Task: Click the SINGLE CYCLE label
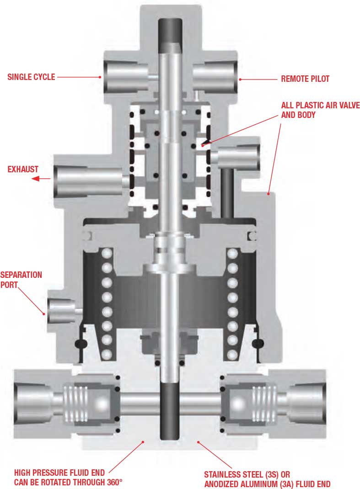tap(31, 77)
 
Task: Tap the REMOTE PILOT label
tap(305, 79)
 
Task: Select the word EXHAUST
tap(23, 170)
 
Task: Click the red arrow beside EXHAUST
tap(41, 179)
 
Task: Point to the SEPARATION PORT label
tap(21, 280)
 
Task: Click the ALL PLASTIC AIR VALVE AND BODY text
tap(320, 110)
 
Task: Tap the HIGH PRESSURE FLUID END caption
tap(59, 473)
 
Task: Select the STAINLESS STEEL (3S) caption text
tap(247, 475)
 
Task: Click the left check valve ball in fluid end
tap(102, 404)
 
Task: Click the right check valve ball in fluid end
tap(238, 404)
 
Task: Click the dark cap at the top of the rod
tap(170, 35)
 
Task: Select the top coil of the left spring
tap(107, 253)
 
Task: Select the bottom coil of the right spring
tap(232, 354)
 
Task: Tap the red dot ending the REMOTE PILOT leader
tap(240, 80)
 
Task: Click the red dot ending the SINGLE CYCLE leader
tap(100, 77)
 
